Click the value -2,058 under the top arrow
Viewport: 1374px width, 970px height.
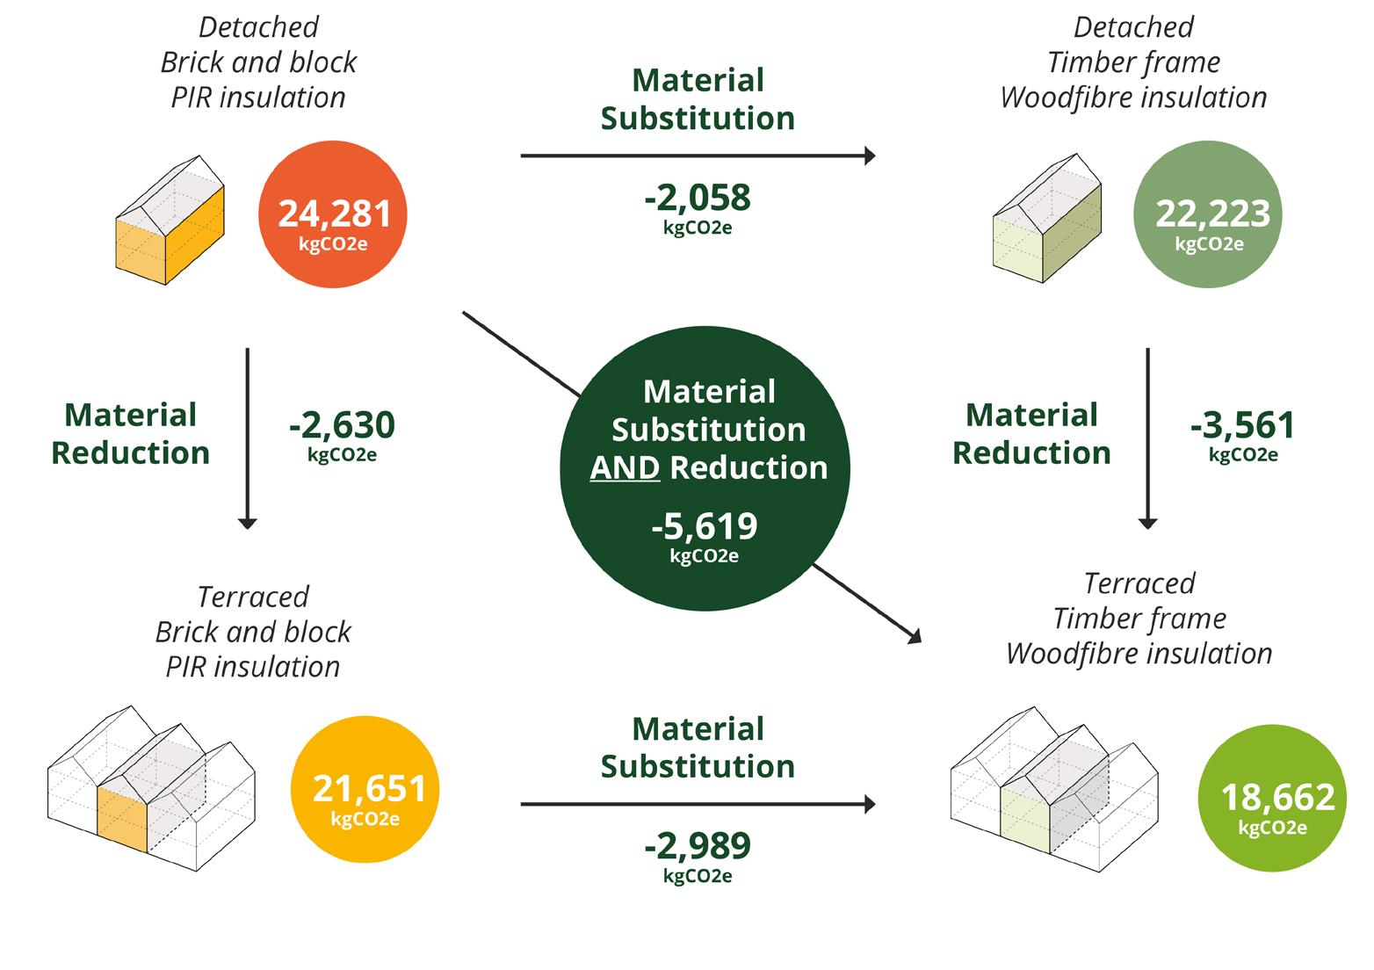(698, 199)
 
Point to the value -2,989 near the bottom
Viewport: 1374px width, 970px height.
(698, 846)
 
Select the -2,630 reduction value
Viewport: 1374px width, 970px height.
(342, 426)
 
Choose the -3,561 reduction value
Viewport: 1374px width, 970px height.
(1242, 426)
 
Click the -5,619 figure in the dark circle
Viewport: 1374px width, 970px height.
(705, 526)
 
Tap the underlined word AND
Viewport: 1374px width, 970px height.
(625, 467)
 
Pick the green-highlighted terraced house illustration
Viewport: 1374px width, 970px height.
(1054, 791)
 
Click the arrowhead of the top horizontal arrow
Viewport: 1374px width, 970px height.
(870, 156)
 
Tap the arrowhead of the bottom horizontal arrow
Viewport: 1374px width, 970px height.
(870, 804)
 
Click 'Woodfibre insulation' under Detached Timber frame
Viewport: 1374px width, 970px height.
(1133, 98)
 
